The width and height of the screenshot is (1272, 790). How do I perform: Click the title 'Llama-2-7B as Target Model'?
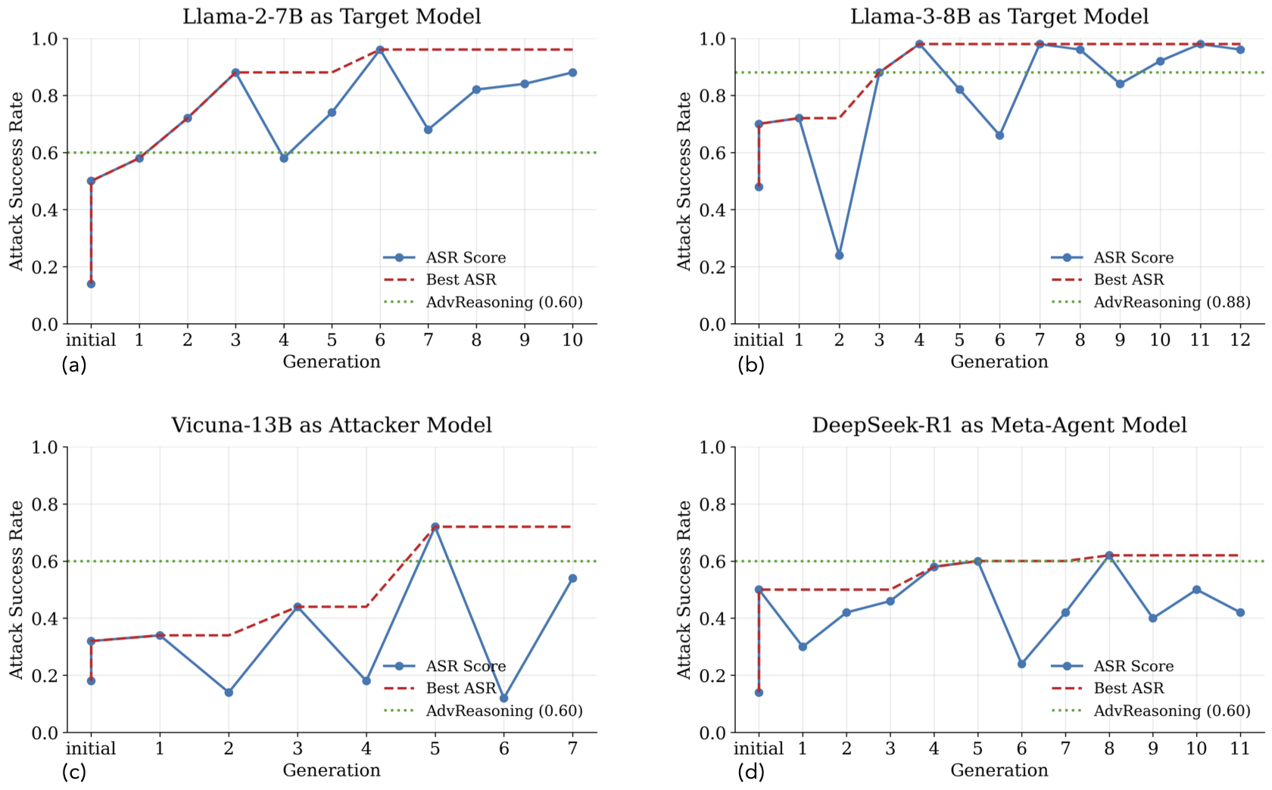click(332, 17)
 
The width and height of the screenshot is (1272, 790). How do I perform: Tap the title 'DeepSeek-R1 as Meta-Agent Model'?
click(999, 425)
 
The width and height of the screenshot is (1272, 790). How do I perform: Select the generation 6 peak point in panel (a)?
click(380, 50)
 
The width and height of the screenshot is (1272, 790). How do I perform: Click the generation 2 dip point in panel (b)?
click(839, 256)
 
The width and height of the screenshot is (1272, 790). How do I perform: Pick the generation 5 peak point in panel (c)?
click(435, 527)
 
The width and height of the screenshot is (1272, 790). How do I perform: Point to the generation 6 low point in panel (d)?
click(1021, 664)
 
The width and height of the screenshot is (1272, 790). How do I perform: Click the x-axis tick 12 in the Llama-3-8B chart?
click(1240, 340)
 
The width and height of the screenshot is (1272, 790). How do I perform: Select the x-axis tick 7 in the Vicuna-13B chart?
click(572, 748)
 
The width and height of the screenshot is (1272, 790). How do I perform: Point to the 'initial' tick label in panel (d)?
click(759, 748)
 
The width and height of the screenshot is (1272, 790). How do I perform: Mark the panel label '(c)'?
click(73, 772)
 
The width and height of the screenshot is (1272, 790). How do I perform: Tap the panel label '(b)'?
click(751, 365)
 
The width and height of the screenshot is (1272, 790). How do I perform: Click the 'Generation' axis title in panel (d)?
click(999, 770)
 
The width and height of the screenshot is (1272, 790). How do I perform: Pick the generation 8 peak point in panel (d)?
click(1109, 555)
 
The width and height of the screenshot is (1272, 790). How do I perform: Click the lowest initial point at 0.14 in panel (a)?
click(91, 284)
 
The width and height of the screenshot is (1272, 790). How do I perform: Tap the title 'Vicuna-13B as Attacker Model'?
click(332, 425)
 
